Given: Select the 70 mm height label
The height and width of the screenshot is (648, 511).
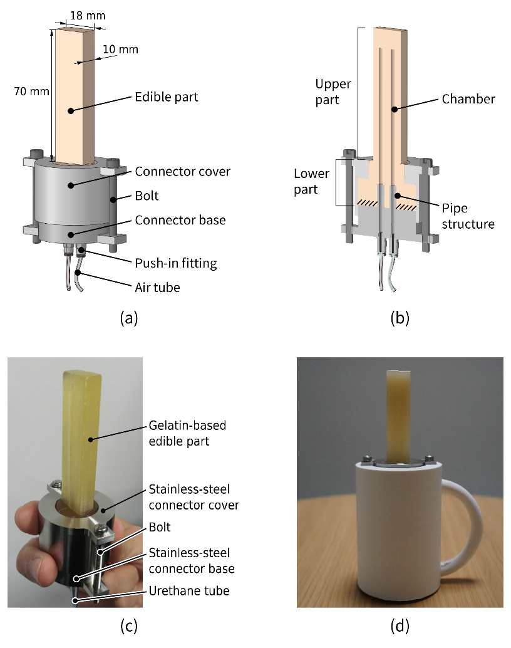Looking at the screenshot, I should (x=31, y=91).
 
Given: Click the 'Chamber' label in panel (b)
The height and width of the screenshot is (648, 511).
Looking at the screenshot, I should (x=468, y=99).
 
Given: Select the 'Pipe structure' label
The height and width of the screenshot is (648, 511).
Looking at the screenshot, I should (x=467, y=216).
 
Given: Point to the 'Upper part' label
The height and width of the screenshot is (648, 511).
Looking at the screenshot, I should (x=333, y=91).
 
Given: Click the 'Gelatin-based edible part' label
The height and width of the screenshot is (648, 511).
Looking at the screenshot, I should (x=188, y=433).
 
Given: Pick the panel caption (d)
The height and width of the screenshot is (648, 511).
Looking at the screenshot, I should (x=400, y=625).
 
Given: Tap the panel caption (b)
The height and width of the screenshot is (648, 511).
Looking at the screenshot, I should (x=400, y=318).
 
